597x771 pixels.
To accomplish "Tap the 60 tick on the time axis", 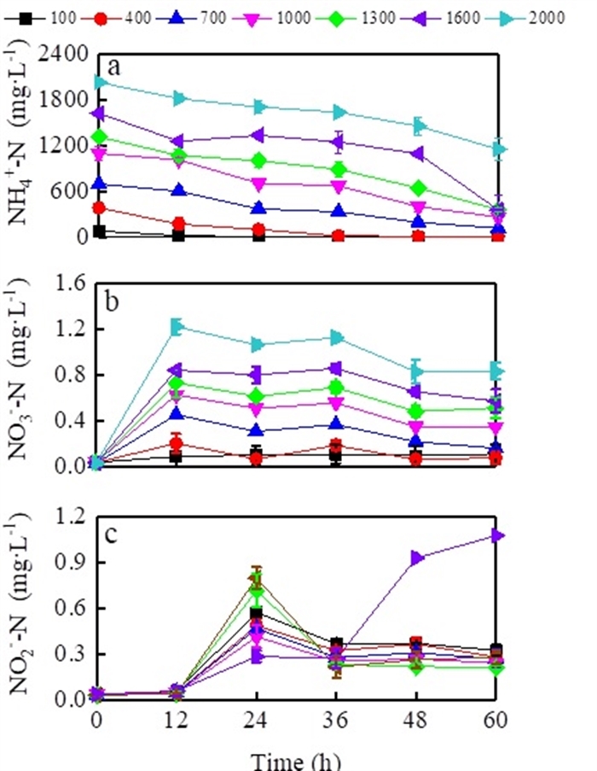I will pos(498,721).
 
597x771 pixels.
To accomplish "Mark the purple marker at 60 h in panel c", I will pos(498,535).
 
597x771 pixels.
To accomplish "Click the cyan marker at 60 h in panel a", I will pos(498,149).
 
